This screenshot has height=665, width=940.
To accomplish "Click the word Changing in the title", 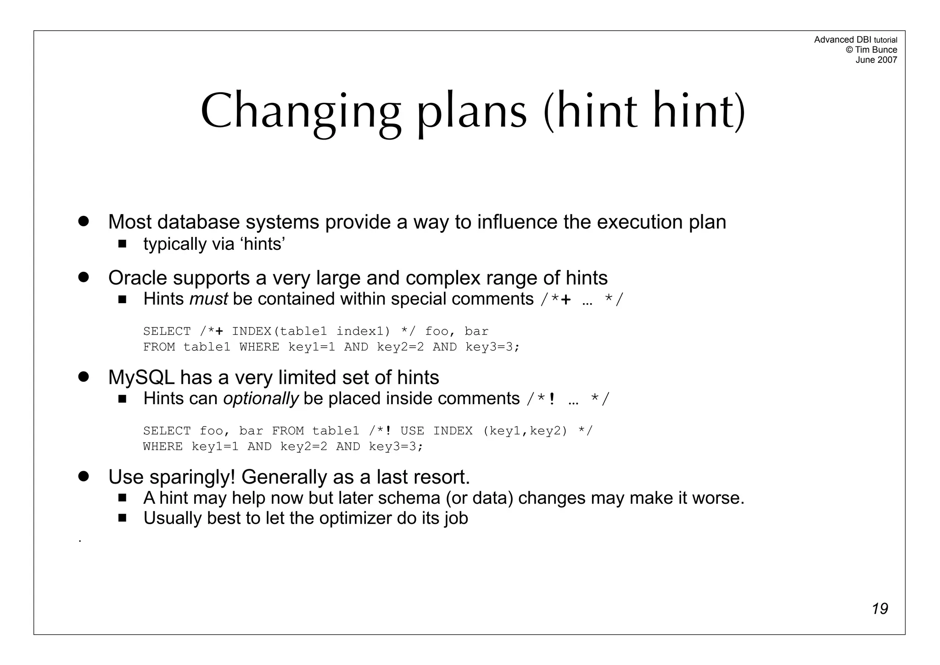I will (301, 112).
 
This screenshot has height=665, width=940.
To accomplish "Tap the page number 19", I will (879, 609).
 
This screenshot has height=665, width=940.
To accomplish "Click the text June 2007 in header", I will (876, 60).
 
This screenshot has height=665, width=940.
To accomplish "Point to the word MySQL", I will (141, 378).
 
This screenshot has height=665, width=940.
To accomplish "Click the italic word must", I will (208, 299).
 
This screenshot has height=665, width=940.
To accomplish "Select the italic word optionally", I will (261, 399).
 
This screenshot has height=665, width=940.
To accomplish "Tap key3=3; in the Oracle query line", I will (492, 347).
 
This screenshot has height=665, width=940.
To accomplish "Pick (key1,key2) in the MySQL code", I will (525, 431).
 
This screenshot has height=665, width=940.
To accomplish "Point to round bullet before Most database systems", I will (83, 221).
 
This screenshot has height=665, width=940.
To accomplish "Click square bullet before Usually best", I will (122, 518).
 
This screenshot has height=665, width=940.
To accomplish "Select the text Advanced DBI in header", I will (842, 40).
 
